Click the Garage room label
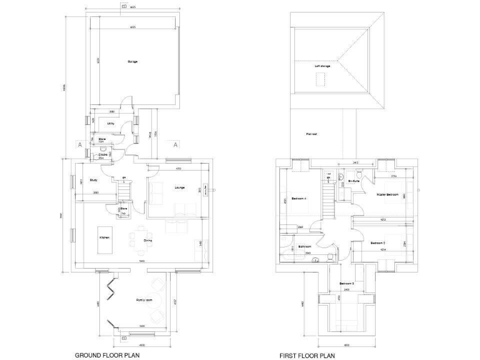click(x=132, y=62)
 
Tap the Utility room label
click(x=110, y=124)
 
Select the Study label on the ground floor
click(x=93, y=180)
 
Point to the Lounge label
click(x=179, y=187)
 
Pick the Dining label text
click(x=148, y=241)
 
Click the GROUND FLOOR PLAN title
click(x=107, y=355)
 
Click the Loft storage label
click(x=322, y=66)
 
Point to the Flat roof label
click(x=311, y=134)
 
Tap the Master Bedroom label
click(x=387, y=195)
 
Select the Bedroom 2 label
click(x=377, y=242)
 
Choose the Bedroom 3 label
click(x=347, y=284)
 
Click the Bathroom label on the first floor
click(x=305, y=247)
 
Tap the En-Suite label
click(x=354, y=181)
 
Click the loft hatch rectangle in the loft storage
click(x=321, y=79)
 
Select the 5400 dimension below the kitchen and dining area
click(x=142, y=261)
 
